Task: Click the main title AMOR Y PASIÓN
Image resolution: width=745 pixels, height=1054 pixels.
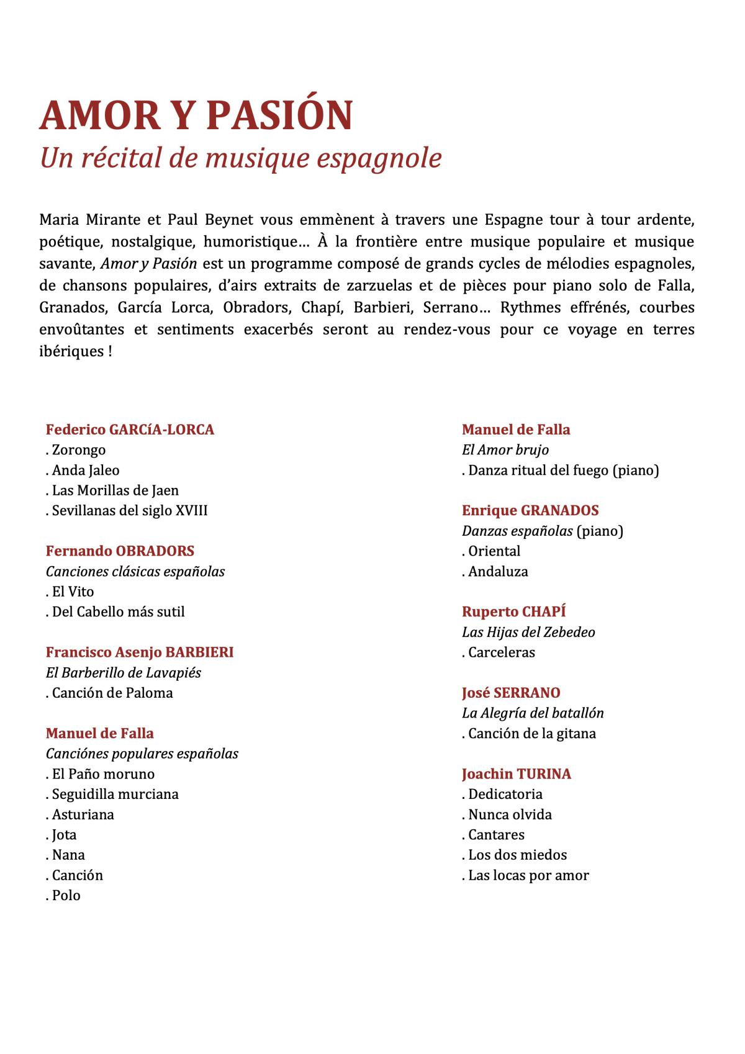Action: tap(196, 115)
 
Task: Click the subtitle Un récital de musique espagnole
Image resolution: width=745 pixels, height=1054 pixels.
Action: tap(240, 158)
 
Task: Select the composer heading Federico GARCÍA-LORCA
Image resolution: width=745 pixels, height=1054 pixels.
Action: tap(130, 430)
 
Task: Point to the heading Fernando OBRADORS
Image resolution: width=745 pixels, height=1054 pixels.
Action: tap(120, 551)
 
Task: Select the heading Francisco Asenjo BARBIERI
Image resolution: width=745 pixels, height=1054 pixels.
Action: tap(140, 652)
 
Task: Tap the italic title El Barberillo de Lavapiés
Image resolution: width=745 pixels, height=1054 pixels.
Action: tap(124, 673)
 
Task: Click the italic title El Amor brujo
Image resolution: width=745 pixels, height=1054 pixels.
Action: tap(505, 450)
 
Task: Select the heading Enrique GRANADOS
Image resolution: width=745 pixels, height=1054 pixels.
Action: tap(530, 511)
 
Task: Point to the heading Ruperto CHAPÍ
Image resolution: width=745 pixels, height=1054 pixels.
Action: tap(514, 612)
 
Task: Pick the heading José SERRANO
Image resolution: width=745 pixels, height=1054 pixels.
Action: tap(511, 693)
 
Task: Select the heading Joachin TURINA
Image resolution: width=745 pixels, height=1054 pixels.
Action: tap(517, 774)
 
